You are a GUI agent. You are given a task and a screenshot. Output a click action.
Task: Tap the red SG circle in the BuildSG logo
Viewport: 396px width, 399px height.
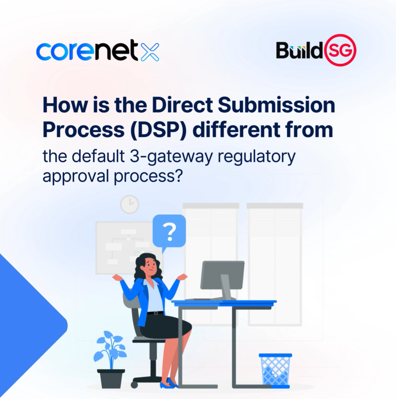tap(340, 50)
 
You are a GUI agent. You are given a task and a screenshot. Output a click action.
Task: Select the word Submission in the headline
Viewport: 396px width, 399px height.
tap(277, 105)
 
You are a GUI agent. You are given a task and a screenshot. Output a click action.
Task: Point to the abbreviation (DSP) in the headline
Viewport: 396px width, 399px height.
tap(158, 130)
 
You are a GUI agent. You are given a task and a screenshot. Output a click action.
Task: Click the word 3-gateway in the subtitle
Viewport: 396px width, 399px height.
tap(171, 157)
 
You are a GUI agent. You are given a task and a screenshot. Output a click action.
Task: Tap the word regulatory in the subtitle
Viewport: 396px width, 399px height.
tap(257, 157)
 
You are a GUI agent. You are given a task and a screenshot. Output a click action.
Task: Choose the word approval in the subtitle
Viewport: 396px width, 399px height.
tap(76, 176)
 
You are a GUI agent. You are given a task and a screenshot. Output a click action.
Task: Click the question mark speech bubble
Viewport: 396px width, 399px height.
tap(169, 232)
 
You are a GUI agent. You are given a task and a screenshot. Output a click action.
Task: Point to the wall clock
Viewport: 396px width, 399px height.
tap(130, 204)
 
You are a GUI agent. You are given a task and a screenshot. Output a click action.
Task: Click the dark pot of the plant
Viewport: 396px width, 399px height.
tap(111, 378)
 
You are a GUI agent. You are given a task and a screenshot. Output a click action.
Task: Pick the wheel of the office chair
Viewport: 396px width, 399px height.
tap(134, 384)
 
